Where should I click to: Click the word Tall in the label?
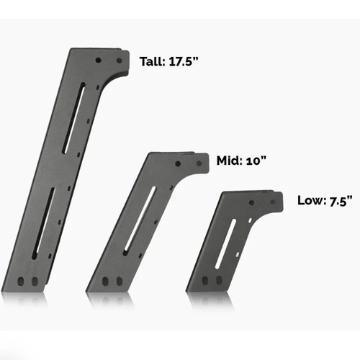pos(152,61)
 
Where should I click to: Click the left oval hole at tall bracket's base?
pos(22,281)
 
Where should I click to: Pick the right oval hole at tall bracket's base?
pos(31,281)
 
